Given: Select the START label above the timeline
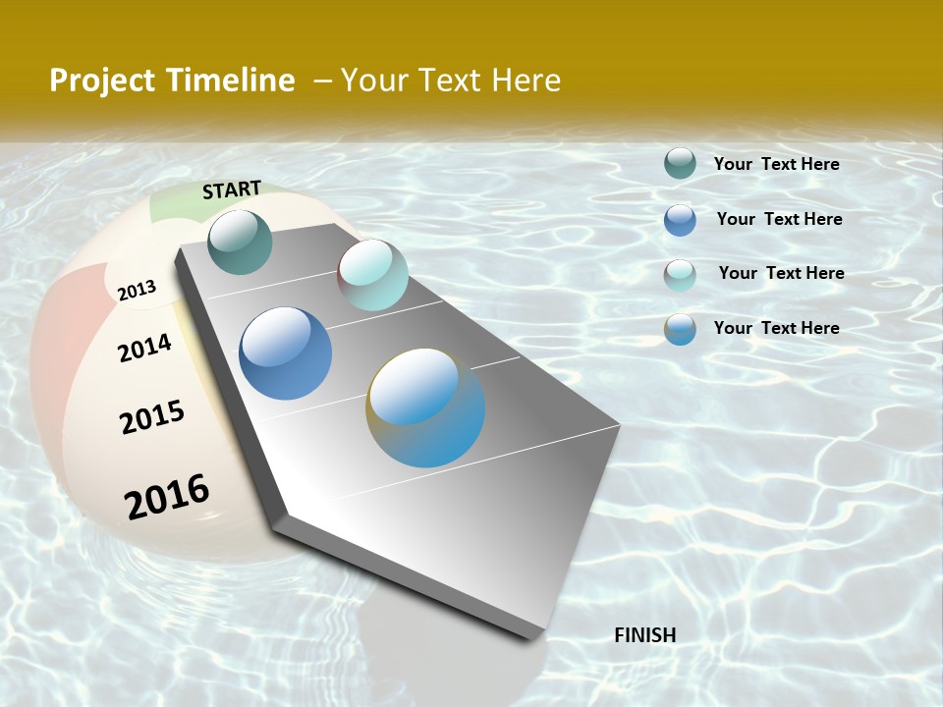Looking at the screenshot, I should click(x=232, y=190).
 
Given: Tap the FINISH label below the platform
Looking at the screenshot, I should click(x=645, y=635).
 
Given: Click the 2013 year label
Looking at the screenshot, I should click(x=138, y=290).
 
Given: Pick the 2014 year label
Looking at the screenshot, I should click(x=145, y=348).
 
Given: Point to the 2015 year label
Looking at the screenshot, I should click(x=152, y=417).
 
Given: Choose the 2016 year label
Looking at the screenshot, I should click(x=167, y=496).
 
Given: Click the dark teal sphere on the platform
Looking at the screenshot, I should click(x=241, y=242).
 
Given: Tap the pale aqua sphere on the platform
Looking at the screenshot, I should click(x=372, y=275).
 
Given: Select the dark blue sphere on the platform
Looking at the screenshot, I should click(x=286, y=353).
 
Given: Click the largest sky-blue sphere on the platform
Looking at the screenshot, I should click(x=425, y=408).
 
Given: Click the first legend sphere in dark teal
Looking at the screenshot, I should click(x=680, y=163).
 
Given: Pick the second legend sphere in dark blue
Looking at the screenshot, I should click(x=680, y=220).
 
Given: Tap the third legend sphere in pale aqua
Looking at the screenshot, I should click(x=680, y=275).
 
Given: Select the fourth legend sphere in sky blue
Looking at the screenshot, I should click(x=680, y=329).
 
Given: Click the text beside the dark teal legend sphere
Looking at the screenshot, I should click(x=776, y=164).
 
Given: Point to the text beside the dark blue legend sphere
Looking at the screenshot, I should click(x=779, y=219).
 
